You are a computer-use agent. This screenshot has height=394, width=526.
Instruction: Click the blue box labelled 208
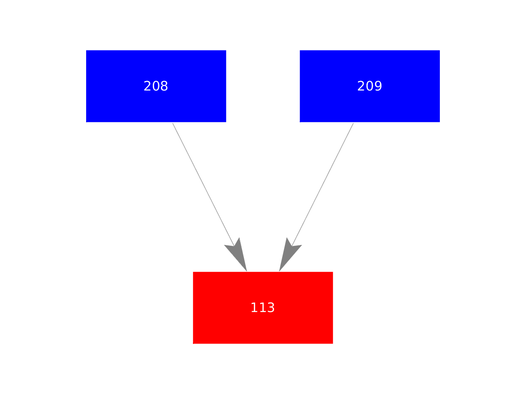click(x=156, y=86)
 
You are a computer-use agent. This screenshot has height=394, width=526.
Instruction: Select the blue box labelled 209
click(x=370, y=86)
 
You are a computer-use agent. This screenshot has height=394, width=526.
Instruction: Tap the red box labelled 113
click(x=263, y=308)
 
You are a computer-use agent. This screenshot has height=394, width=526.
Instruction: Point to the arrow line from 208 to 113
click(x=210, y=197)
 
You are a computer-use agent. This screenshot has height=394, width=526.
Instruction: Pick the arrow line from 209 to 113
click(x=316, y=197)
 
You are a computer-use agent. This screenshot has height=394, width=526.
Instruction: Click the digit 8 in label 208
click(x=164, y=86)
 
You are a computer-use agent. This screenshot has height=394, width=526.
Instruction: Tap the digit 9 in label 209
click(x=378, y=86)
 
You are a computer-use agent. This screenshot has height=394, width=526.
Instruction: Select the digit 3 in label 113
click(x=271, y=308)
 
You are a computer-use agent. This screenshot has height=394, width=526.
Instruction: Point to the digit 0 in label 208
click(x=156, y=86)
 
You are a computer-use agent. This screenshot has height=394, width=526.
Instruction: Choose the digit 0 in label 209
click(x=370, y=86)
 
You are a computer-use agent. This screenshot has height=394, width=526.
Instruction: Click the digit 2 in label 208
click(x=147, y=86)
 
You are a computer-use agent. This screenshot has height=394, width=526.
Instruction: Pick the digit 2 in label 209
click(x=361, y=86)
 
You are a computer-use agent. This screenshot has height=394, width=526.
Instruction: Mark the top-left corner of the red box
click(x=193, y=272)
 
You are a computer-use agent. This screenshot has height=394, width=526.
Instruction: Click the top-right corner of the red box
click(x=333, y=272)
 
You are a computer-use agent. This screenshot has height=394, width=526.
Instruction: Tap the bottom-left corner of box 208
click(x=86, y=122)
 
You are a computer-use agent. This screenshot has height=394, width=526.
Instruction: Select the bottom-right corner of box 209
click(x=440, y=122)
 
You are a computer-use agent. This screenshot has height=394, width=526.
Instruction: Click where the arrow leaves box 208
click(x=173, y=123)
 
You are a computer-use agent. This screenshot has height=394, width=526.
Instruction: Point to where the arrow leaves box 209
click(x=353, y=123)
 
